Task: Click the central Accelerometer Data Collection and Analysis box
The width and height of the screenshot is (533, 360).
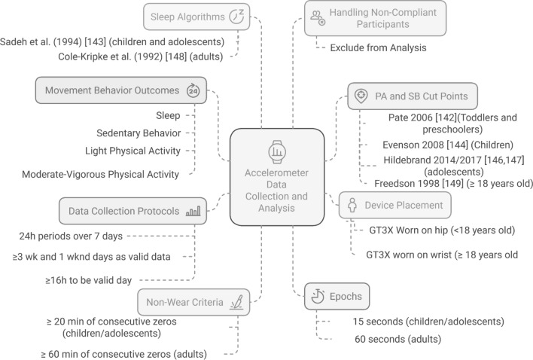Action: pyautogui.click(x=278, y=175)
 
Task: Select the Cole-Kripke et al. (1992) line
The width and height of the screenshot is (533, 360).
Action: pyautogui.click(x=148, y=56)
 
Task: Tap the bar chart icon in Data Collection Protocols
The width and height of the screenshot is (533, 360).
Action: pyautogui.click(x=193, y=212)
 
